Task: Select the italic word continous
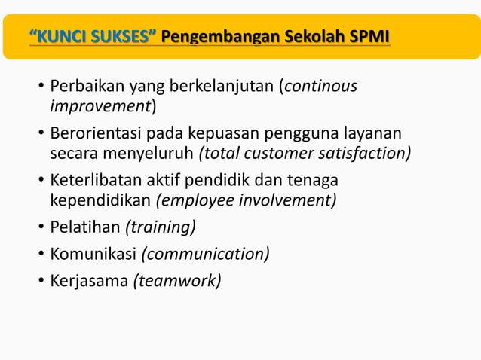(x=321, y=87)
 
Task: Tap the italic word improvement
(x=100, y=105)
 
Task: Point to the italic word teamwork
(x=178, y=280)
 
